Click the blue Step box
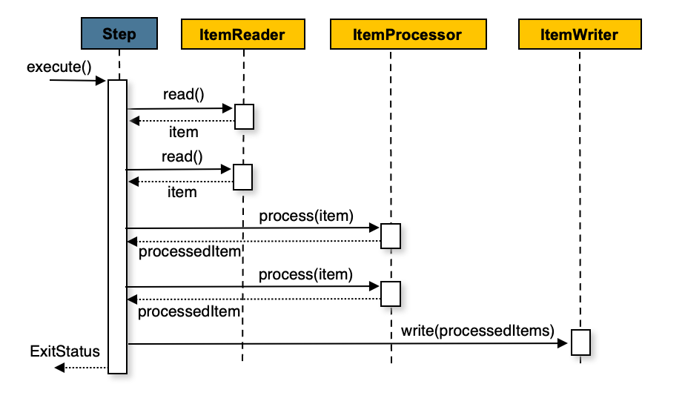(119, 35)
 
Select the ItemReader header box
(243, 35)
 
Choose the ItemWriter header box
(579, 35)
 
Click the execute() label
(59, 67)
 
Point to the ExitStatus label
(64, 350)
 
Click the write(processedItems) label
(478, 331)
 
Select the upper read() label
(183, 95)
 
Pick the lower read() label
(182, 156)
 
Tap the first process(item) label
(305, 215)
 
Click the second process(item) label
(305, 274)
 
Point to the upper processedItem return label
(190, 252)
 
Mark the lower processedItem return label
(190, 311)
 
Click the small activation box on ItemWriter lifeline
(580, 342)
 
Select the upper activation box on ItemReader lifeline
(245, 116)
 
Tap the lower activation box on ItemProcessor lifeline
(391, 294)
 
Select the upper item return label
(183, 132)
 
